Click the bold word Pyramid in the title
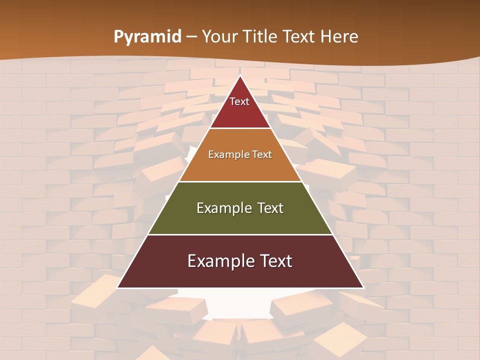pos(147,37)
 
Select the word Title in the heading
pos(260,37)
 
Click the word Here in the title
pos(339,37)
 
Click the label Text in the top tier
pos(239,101)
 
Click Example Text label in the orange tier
pos(240,154)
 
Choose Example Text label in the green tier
pos(240,208)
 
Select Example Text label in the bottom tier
pos(240,261)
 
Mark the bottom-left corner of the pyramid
pos(118,287)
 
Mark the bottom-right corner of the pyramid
pos(362,287)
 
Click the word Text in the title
pos(299,37)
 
